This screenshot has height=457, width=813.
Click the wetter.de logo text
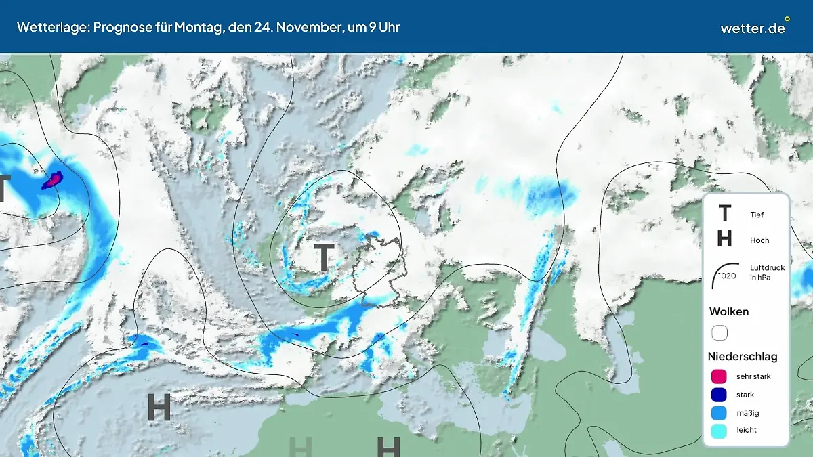[x=752, y=28]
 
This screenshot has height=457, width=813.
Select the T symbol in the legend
[x=724, y=214]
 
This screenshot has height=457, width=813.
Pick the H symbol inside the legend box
[x=724, y=239]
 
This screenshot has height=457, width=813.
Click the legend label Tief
[x=757, y=215]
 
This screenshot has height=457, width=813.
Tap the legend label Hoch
[x=759, y=240]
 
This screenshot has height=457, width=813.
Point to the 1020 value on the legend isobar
[x=727, y=276]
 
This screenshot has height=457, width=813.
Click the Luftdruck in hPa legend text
[x=767, y=273]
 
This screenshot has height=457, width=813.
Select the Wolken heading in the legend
[x=729, y=312]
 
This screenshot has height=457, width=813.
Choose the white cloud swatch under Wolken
[x=719, y=333]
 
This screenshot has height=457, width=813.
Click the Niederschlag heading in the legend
[x=743, y=356]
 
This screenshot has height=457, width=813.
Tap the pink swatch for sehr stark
[x=719, y=376]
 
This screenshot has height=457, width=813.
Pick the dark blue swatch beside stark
[x=719, y=395]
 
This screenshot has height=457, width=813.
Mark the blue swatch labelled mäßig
[x=719, y=412]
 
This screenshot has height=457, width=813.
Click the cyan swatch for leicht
[x=719, y=430]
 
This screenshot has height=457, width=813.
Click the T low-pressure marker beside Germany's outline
[x=325, y=257]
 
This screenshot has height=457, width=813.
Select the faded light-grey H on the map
[x=300, y=447]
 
